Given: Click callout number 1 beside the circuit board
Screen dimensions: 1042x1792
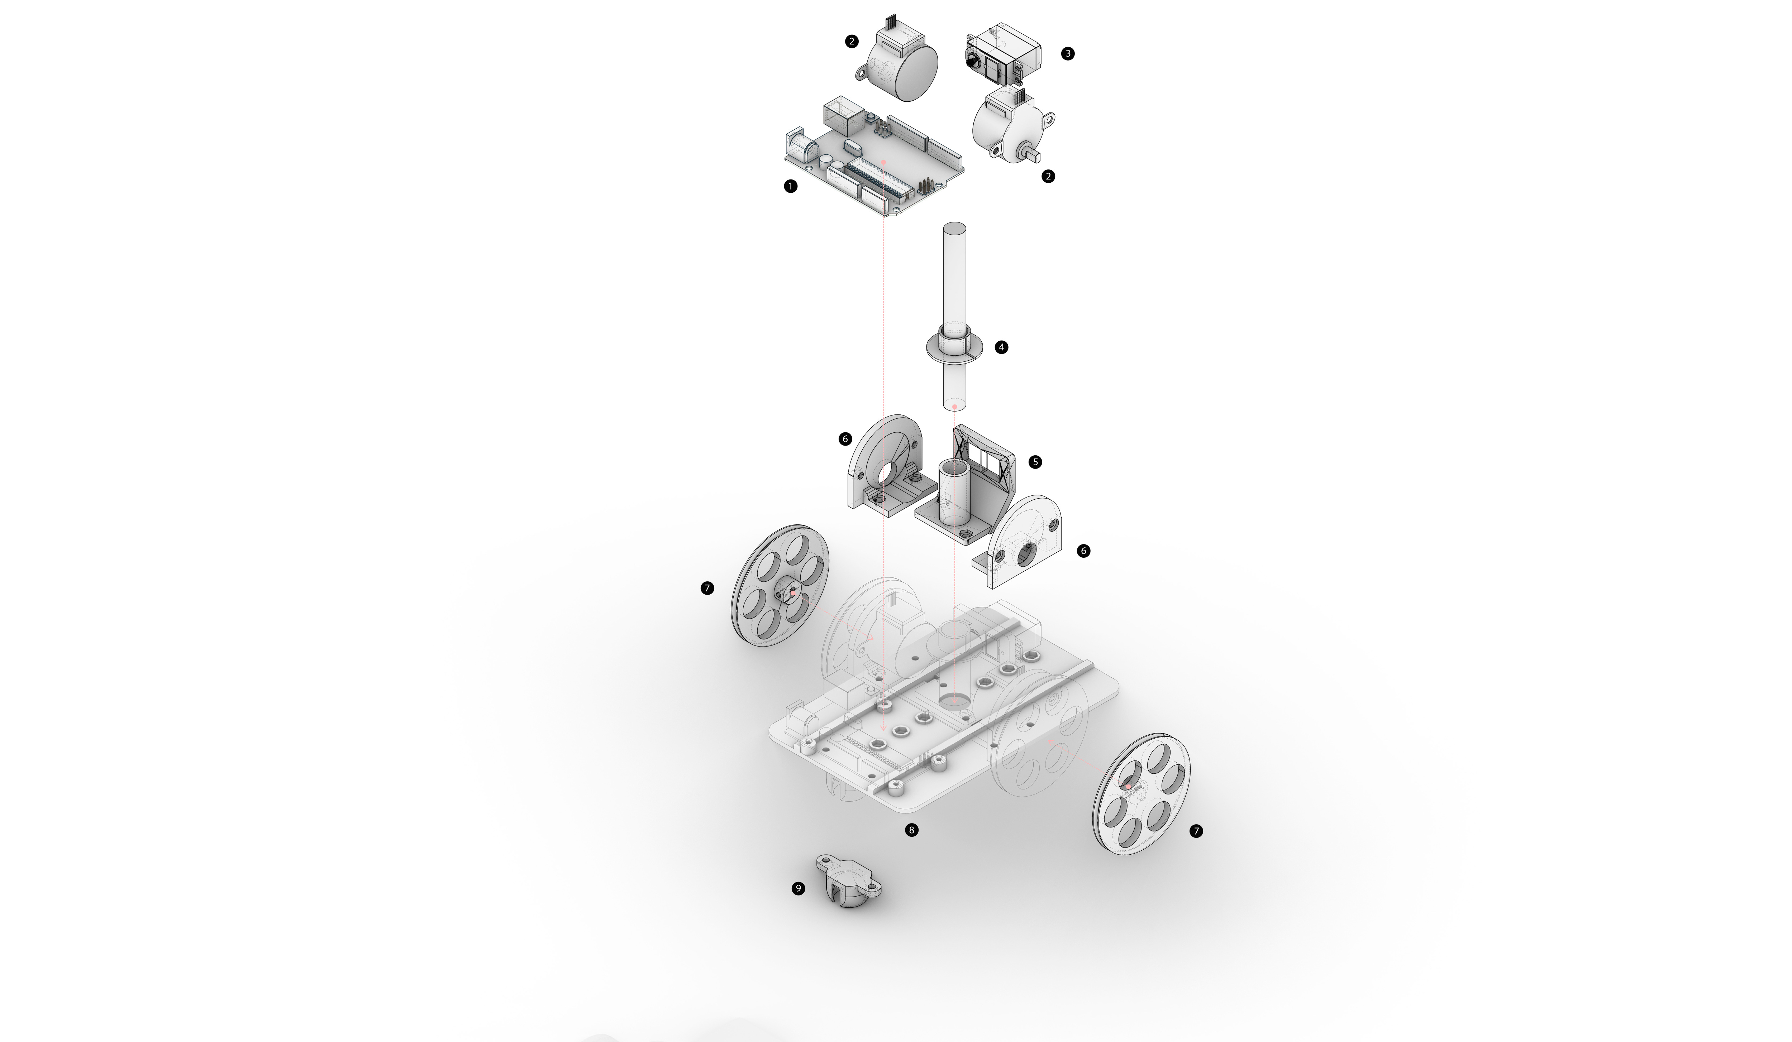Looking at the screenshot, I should (x=790, y=186).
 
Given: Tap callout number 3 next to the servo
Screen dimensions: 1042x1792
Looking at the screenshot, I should (x=1067, y=53).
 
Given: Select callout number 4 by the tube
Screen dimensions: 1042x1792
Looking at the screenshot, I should (x=1001, y=347).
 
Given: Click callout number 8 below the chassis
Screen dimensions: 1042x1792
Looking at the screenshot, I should (x=912, y=830).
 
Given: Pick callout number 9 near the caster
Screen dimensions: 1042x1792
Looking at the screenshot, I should (x=799, y=888).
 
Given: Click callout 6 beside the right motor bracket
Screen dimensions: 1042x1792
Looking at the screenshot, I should (x=1083, y=551).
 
